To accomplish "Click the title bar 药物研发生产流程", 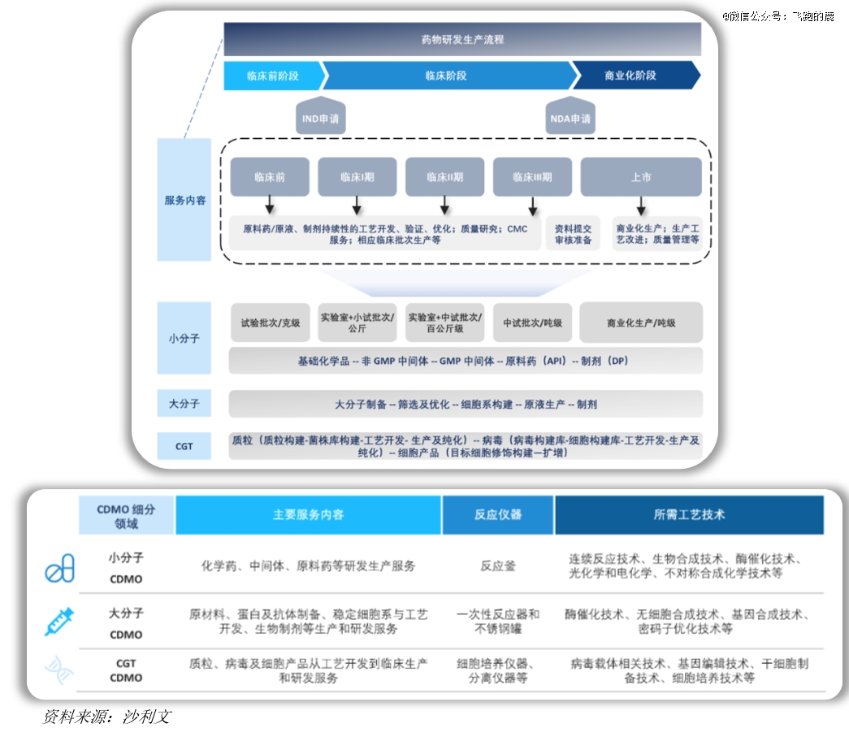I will [x=462, y=39].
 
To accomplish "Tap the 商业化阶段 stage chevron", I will [x=630, y=76].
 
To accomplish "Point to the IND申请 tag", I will [x=320, y=119].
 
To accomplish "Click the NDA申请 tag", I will [x=570, y=119].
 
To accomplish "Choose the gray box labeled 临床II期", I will [x=444, y=176].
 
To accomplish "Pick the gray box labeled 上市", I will [x=640, y=176].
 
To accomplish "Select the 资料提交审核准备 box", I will [x=573, y=235].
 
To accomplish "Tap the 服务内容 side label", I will [x=184, y=200].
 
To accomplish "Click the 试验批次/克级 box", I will [x=270, y=323].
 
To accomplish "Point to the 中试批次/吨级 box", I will [x=532, y=323].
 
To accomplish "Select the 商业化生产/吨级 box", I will [x=640, y=323].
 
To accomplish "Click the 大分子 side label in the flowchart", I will [x=184, y=403].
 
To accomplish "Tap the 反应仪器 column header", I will [x=498, y=514].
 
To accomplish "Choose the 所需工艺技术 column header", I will [x=689, y=514].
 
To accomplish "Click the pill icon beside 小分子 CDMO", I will [x=59, y=568].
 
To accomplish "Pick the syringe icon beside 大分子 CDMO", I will [x=59, y=622].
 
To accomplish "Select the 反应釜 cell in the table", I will [x=498, y=565].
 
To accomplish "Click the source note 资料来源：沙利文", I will [x=106, y=717].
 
